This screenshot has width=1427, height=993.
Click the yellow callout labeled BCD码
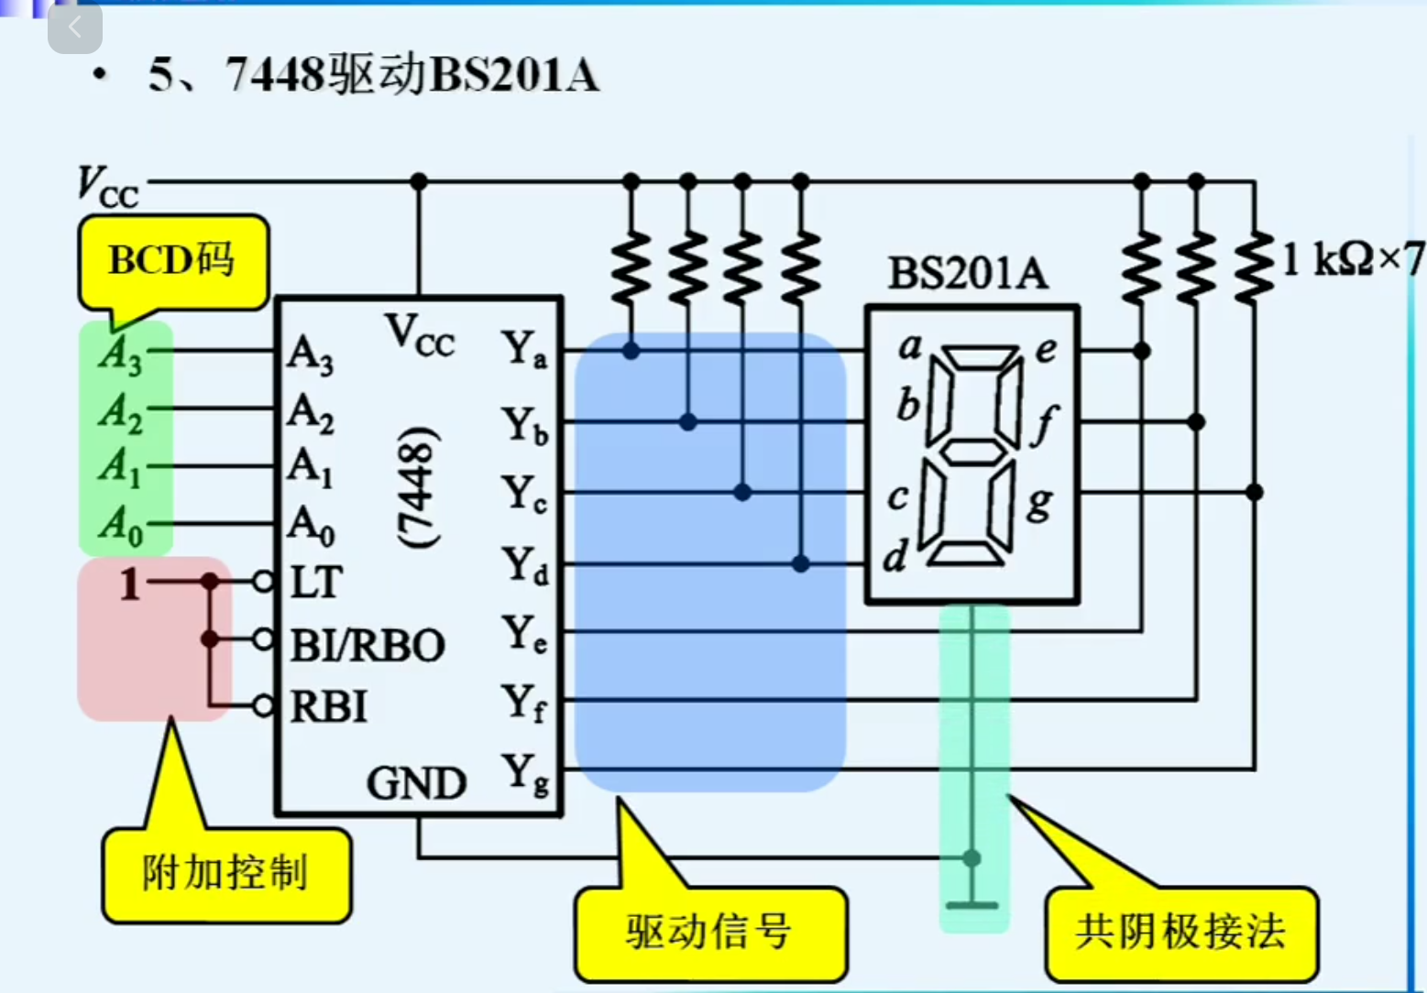172,261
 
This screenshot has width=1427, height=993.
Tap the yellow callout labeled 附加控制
225,873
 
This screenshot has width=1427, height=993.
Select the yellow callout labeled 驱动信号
709,932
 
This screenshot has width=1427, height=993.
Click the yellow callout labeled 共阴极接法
1180,932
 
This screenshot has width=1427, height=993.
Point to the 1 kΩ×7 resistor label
1352,260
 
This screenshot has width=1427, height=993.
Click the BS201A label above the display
968,273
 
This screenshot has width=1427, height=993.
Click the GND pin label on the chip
417,783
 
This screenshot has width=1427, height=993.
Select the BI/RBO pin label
368,646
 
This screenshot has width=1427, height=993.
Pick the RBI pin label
328,707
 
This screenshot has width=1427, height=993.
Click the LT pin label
316,583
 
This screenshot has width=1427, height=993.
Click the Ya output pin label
525,350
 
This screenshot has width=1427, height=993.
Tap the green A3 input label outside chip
121,353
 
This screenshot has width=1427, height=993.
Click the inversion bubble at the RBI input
264,705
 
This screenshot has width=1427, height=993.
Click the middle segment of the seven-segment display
972,452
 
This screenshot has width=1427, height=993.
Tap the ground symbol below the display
971,904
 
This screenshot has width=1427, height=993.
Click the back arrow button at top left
75,27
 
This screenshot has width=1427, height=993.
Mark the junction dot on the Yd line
800,563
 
